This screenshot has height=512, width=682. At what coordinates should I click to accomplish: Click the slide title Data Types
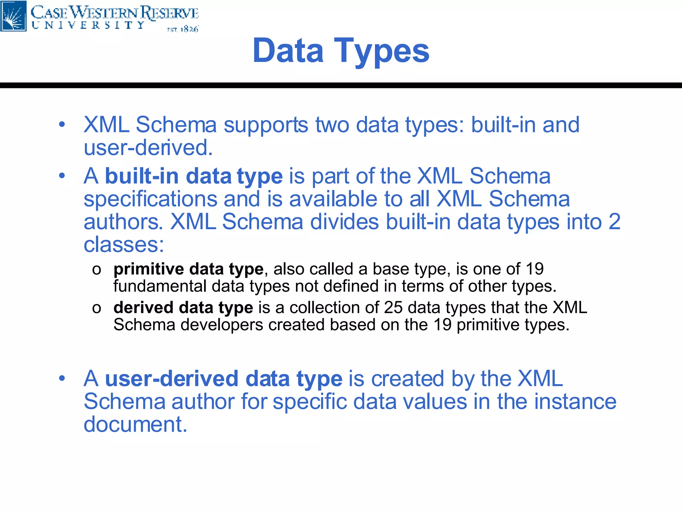pos(341,51)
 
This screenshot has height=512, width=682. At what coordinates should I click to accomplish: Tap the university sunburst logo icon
pos(13,16)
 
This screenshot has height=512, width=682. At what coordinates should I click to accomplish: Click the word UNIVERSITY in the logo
pos(88,25)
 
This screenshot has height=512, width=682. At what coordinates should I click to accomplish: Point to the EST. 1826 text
pos(182,29)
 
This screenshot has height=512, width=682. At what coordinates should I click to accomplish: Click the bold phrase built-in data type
pos(194,176)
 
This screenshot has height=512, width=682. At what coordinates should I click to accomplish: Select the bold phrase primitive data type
pos(188,269)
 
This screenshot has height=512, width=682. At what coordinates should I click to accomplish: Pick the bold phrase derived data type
pos(183,307)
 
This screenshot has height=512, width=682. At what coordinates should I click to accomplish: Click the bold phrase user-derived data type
pos(223,379)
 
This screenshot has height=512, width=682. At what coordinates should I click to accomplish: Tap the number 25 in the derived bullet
pos(393,307)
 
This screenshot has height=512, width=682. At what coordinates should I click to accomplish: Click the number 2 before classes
pos(614,222)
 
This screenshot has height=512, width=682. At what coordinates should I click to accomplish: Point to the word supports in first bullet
pos(266,125)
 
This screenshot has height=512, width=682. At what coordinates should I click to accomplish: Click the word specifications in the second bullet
pos(151,199)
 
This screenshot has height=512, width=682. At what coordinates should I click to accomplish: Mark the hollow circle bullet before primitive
pos(97,270)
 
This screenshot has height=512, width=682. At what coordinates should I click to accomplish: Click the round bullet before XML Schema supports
pos(62,125)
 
